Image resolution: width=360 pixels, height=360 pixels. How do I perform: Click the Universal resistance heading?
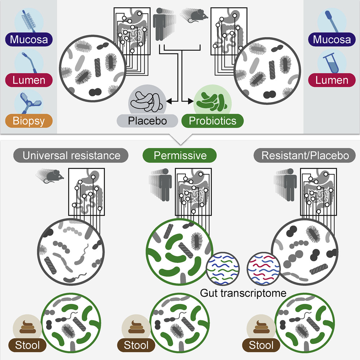[71, 155]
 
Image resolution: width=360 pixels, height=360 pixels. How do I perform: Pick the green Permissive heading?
[180, 155]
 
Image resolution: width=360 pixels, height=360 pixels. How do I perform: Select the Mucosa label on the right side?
[332, 39]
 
